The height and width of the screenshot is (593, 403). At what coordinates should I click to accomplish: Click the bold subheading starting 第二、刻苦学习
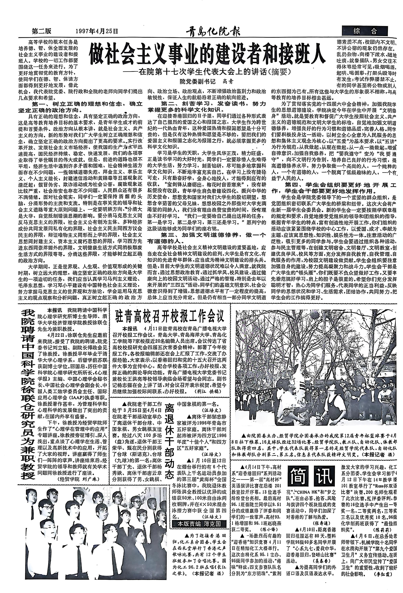(207, 107)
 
